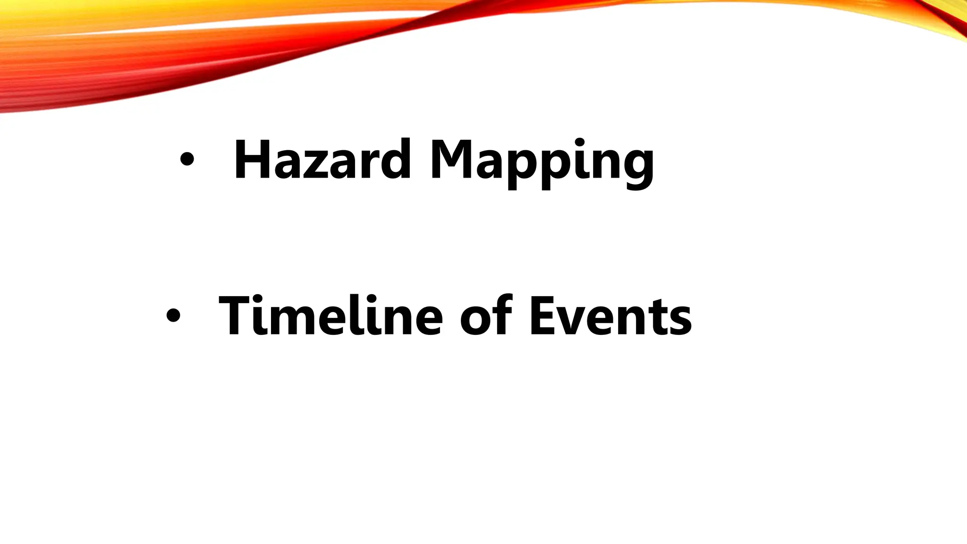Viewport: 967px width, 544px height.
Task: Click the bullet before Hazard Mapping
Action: (x=187, y=160)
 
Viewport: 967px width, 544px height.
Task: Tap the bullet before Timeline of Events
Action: (x=173, y=315)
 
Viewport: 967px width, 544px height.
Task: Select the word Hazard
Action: (x=322, y=160)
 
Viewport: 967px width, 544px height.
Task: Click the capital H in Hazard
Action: (x=253, y=160)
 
